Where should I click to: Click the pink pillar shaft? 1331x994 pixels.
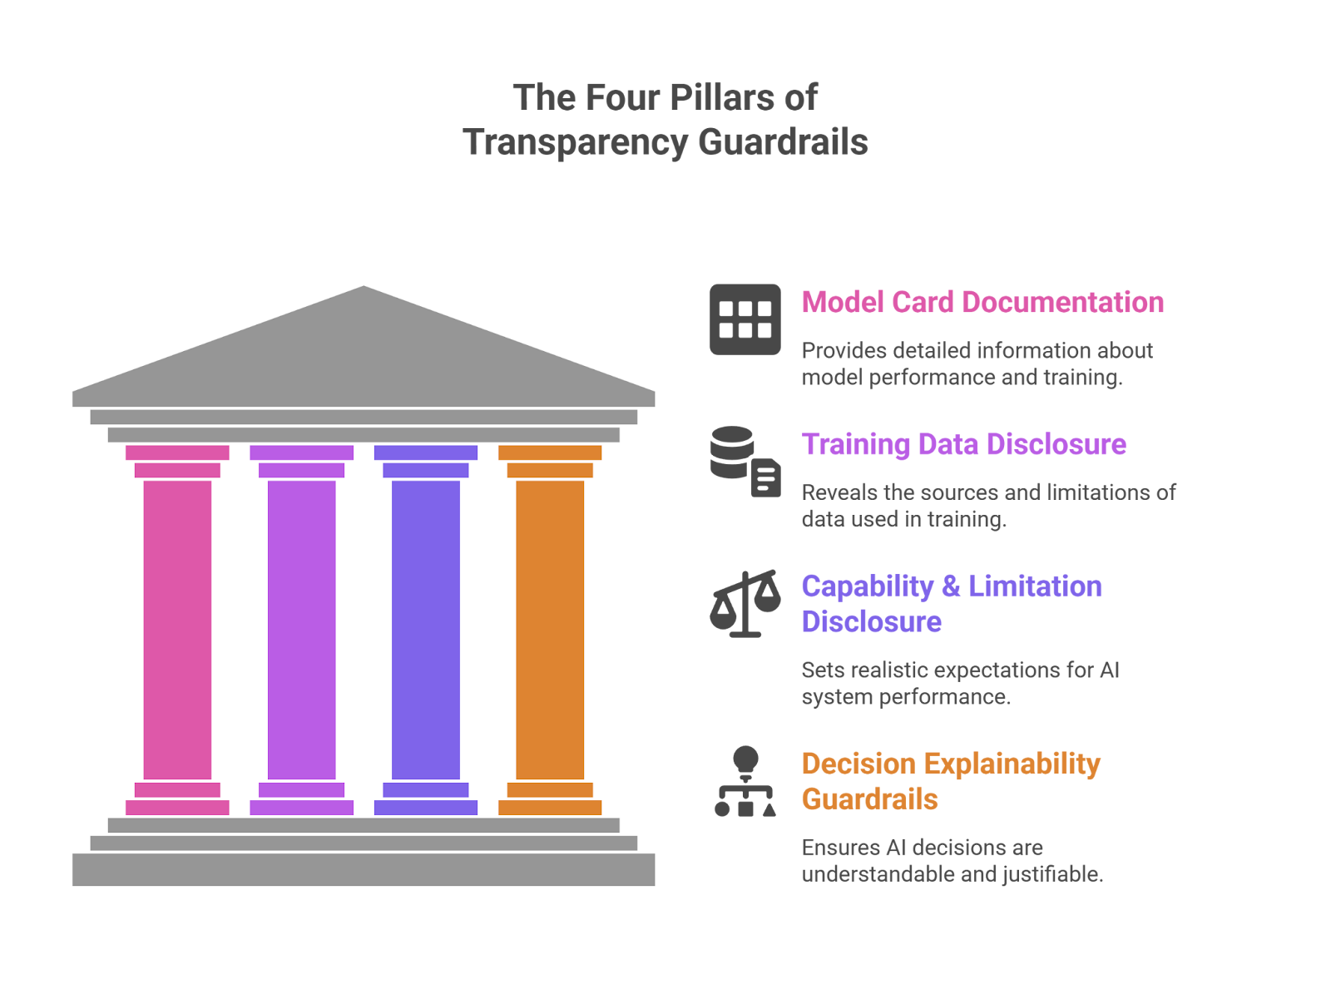(x=177, y=630)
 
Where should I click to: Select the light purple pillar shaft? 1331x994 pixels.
(x=301, y=630)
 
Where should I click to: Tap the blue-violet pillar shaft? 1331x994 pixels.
(x=425, y=630)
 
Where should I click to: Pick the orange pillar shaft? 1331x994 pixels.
(x=549, y=630)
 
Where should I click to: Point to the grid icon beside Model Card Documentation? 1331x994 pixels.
(x=745, y=319)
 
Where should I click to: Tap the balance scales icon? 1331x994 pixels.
(x=745, y=603)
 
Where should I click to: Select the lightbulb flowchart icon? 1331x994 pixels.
(x=745, y=781)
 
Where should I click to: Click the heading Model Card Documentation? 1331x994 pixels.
(x=982, y=302)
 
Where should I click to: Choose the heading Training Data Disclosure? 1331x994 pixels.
(x=963, y=444)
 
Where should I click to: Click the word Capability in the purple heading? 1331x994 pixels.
(x=867, y=586)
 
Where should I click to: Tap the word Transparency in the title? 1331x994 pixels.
(x=575, y=142)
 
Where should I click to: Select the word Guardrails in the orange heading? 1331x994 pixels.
(x=869, y=799)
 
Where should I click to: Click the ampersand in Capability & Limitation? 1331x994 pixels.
(x=950, y=586)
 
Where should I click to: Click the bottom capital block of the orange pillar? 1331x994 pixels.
(x=550, y=807)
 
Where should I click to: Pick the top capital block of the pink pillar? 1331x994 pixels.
(x=177, y=453)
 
